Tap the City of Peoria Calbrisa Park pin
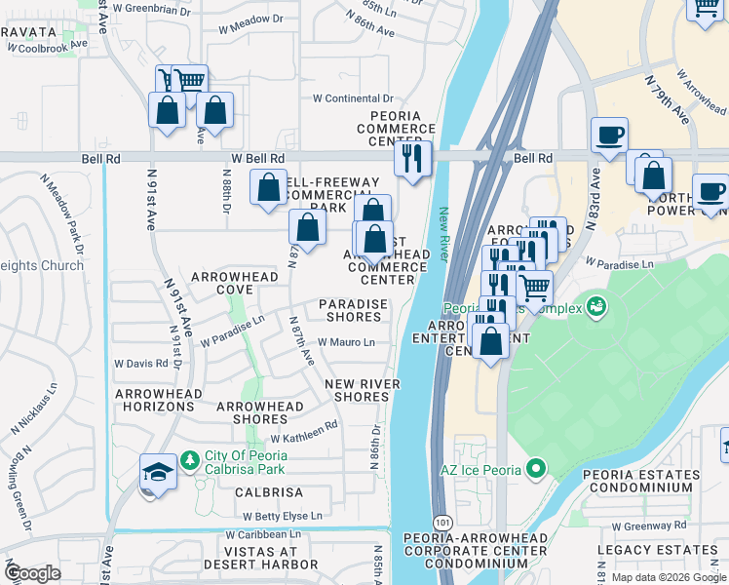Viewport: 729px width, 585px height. pos(190,458)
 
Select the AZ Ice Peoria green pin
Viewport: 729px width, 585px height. pos(534,470)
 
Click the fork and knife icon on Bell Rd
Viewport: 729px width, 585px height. pos(412,157)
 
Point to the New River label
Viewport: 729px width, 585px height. pos(442,234)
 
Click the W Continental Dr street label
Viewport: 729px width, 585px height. pos(352,98)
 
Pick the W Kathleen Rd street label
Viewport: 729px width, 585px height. pos(304,425)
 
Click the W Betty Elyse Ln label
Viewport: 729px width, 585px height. pos(282,516)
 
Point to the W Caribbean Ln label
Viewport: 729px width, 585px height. pos(263,534)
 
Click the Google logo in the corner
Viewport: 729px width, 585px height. pos(31,572)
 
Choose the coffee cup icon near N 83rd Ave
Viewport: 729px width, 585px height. pos(609,136)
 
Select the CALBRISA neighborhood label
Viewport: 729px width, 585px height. pos(269,493)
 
